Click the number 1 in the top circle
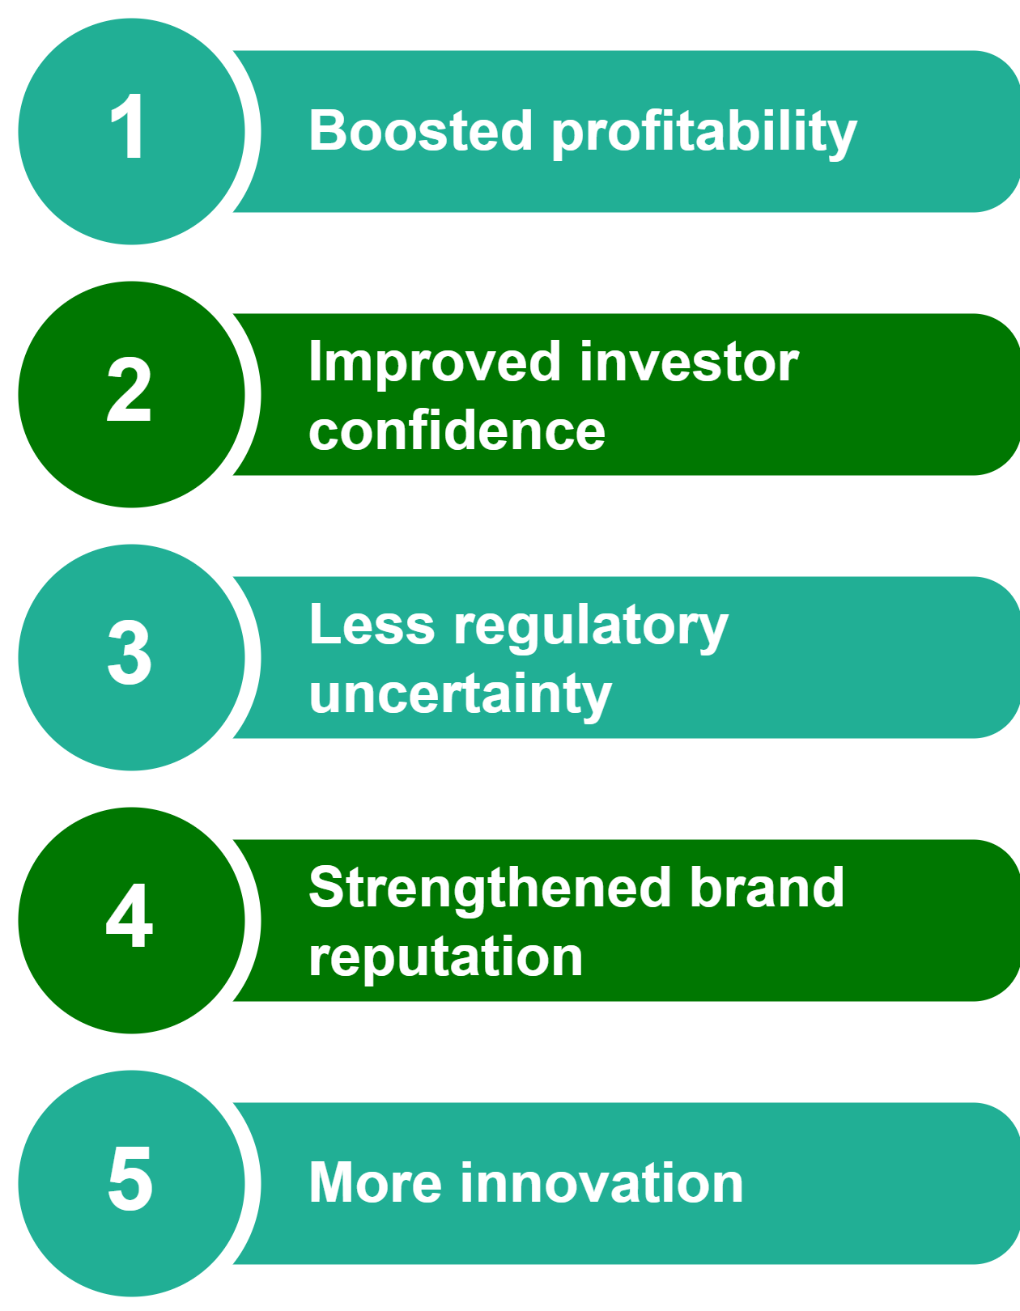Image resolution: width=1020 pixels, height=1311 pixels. point(129,127)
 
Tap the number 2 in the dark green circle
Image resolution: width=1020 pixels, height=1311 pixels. point(129,389)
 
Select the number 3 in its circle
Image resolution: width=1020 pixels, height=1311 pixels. point(130,652)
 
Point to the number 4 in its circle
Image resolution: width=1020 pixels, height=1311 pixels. point(130,915)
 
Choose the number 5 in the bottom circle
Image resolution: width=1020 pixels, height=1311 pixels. point(130,1178)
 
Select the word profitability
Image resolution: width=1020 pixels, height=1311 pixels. point(704,134)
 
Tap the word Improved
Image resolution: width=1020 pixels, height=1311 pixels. point(435,364)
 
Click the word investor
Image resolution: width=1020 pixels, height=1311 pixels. point(689,362)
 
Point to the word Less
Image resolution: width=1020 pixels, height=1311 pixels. point(372,625)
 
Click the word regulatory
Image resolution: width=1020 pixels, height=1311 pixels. point(592,628)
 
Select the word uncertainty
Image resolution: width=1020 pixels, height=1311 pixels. point(461,696)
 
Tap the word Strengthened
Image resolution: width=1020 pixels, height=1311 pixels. point(490,890)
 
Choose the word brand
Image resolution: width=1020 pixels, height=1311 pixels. point(767,887)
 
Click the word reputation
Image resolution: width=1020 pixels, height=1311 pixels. point(446,958)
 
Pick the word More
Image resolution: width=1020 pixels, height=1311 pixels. point(376,1182)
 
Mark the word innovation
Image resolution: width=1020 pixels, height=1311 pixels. point(602,1182)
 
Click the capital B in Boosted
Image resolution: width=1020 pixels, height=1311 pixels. point(327,130)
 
